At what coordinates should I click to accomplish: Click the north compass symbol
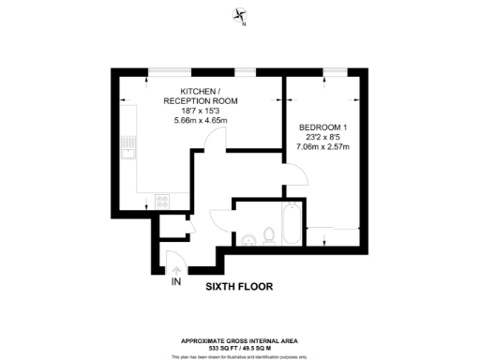click(239, 16)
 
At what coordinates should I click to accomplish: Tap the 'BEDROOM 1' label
click(322, 127)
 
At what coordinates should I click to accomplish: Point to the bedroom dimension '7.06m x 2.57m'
click(322, 147)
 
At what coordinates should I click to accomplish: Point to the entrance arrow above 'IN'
click(175, 265)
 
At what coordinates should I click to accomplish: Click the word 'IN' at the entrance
click(175, 281)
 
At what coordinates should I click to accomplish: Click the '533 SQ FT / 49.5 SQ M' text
click(239, 348)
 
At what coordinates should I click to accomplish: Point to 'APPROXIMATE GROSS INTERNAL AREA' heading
click(239, 340)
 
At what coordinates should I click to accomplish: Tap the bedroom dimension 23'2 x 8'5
click(322, 137)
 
